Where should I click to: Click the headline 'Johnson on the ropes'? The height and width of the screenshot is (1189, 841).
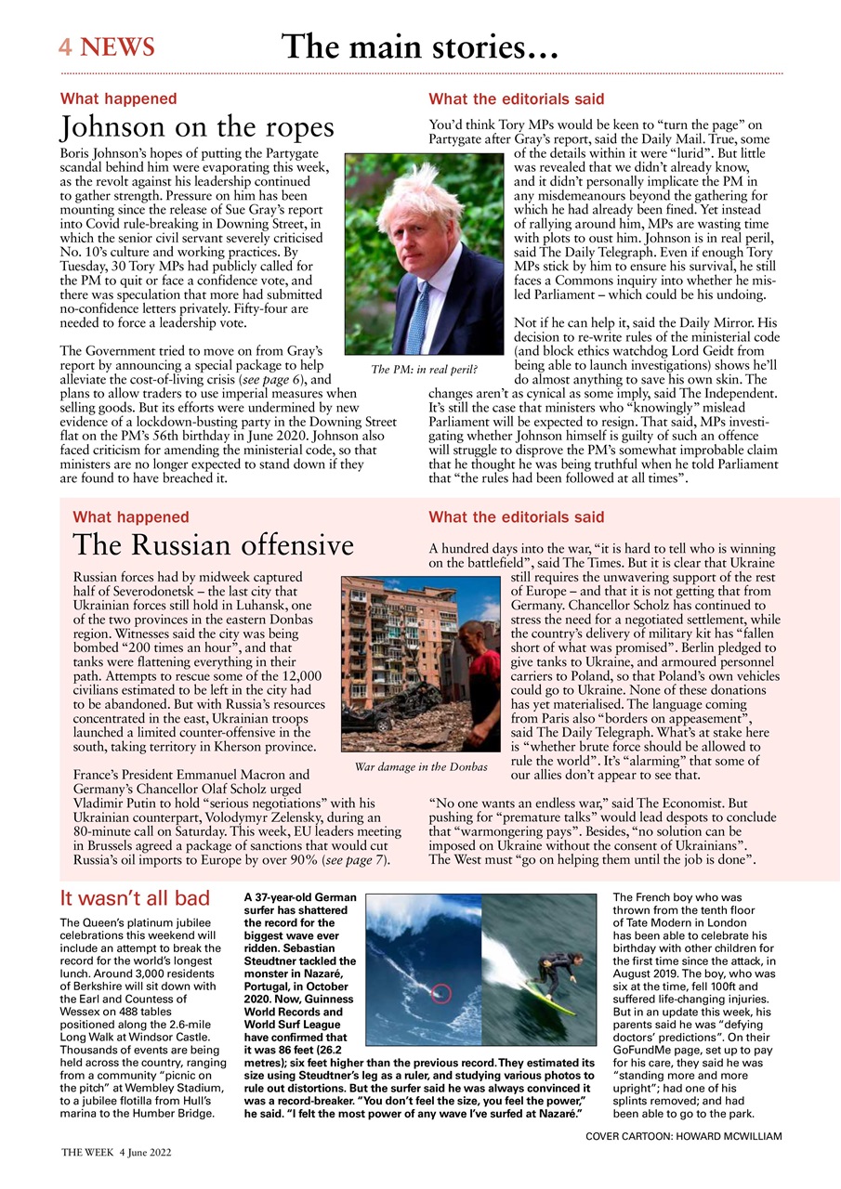196,126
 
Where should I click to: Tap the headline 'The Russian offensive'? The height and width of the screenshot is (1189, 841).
213,544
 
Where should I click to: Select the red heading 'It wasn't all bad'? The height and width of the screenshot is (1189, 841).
135,898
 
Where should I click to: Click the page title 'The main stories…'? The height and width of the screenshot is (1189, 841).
419,46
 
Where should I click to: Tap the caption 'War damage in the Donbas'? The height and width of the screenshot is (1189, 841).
421,767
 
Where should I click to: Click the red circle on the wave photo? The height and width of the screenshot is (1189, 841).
441,994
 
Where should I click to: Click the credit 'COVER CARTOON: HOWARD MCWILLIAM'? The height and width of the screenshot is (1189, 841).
684,1136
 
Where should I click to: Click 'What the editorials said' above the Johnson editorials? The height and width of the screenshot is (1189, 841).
516,98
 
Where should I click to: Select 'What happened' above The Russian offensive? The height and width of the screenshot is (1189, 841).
130,516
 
